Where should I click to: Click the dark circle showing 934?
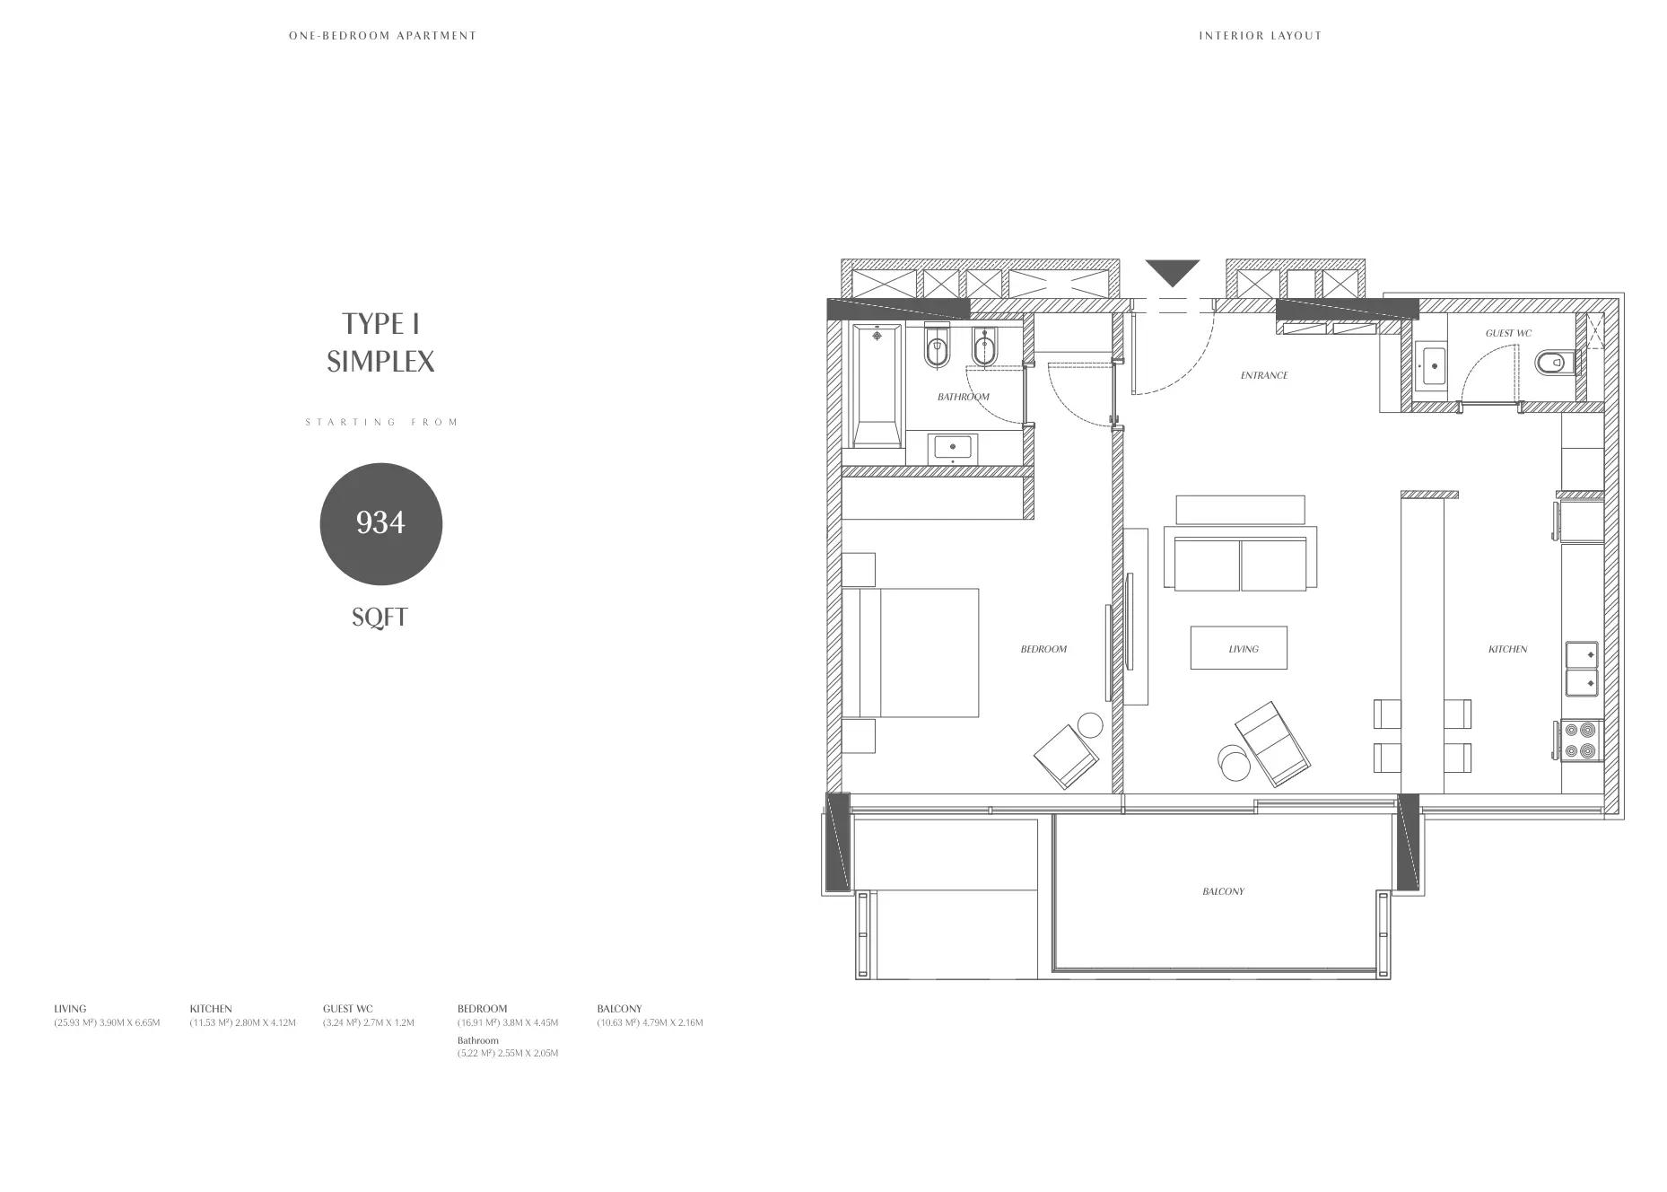coord(381,523)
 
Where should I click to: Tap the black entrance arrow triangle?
coord(1172,272)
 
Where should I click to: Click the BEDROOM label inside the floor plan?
coord(1043,649)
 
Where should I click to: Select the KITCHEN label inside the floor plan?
coord(1507,649)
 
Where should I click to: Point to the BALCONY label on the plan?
coord(1223,891)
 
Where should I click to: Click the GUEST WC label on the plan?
coord(1508,333)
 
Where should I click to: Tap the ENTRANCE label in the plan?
coord(1264,375)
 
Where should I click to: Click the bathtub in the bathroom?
coord(877,385)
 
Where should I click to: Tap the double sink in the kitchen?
coord(1582,670)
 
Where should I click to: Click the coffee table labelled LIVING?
coord(1239,648)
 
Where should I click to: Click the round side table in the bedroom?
coord(1090,725)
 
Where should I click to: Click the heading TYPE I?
coord(380,323)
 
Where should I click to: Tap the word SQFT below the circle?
coord(380,618)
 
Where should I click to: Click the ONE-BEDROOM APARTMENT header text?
coord(383,36)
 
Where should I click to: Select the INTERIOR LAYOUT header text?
coord(1261,36)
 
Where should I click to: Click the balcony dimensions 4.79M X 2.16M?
coord(673,1022)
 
